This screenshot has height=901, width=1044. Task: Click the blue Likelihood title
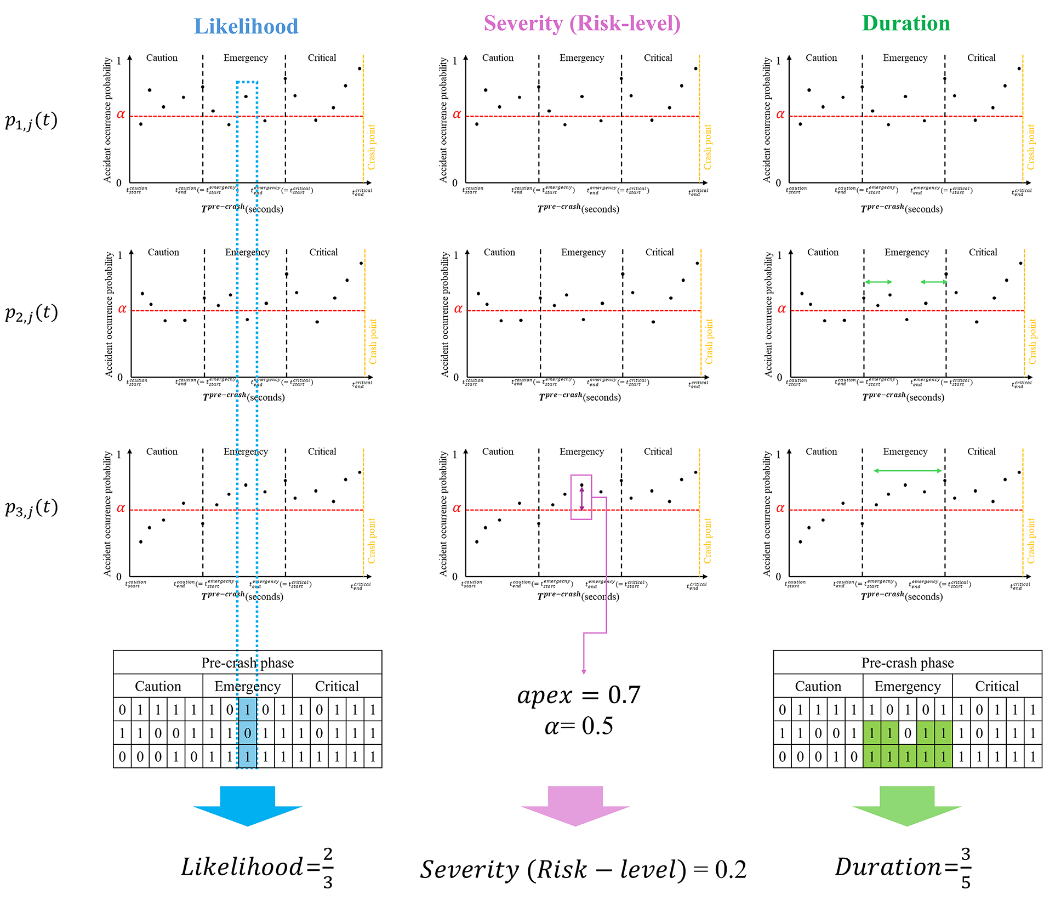246,26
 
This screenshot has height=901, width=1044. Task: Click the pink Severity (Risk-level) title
581,24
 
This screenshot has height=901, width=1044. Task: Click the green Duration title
905,24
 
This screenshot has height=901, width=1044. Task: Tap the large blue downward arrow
247,805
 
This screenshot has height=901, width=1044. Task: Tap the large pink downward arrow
575,805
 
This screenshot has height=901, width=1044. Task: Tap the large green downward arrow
906,805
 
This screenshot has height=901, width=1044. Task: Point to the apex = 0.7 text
578,695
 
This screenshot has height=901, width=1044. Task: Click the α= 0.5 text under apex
578,726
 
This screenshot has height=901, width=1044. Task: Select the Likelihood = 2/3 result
257,868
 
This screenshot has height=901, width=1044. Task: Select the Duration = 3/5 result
903,868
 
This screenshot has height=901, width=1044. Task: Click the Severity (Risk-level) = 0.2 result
583,870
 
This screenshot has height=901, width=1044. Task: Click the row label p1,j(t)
31,121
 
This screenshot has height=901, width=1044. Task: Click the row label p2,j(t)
31,313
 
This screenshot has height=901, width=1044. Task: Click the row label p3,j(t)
31,507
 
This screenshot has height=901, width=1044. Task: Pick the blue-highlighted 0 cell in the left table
247,733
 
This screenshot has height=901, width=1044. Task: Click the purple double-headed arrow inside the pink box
581,498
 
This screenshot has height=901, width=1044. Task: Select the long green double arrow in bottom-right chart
908,471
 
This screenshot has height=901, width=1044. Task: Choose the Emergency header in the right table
907,686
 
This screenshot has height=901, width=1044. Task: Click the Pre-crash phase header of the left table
247,663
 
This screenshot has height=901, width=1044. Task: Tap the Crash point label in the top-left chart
371,147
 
